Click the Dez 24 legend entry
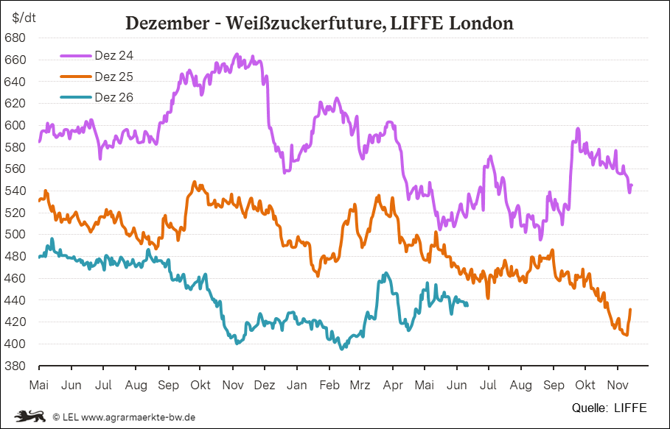(97, 55)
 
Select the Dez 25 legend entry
(97, 77)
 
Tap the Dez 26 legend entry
(97, 97)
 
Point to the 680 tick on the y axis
(15, 38)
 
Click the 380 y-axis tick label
(15, 366)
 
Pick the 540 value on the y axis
(15, 191)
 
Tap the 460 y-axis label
(15, 278)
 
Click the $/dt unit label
(24, 18)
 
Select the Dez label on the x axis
(265, 385)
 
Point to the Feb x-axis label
(329, 385)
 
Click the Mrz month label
(360, 385)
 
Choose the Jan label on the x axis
(296, 385)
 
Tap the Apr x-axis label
(393, 385)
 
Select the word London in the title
(481, 23)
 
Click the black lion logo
(30, 416)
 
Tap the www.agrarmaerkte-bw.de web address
(139, 417)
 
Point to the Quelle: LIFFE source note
(610, 408)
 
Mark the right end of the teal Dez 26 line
(467, 305)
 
